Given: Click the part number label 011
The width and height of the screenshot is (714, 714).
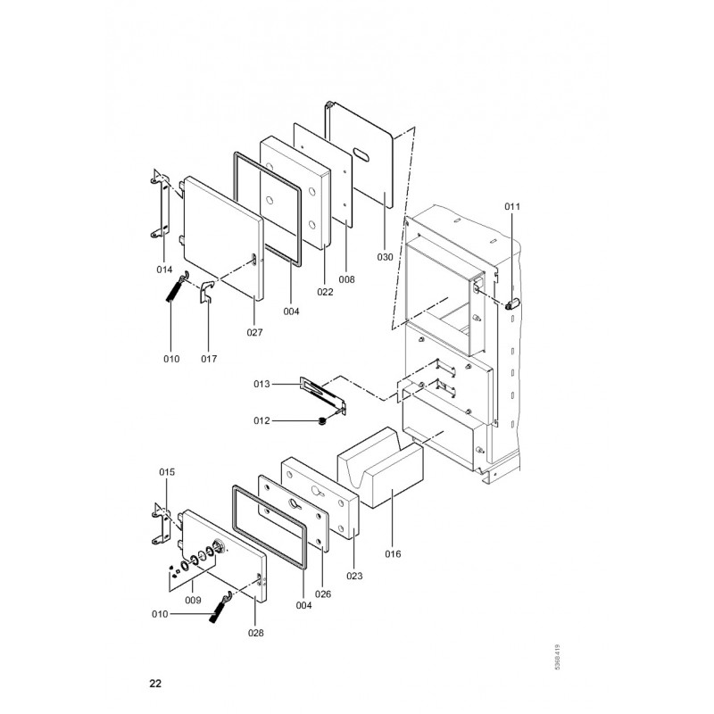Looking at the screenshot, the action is point(511,207).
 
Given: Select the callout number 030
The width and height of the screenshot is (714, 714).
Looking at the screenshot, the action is point(385,257).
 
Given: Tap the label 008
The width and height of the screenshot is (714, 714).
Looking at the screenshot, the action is point(346,279).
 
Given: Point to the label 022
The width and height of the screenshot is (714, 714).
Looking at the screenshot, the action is point(325,292).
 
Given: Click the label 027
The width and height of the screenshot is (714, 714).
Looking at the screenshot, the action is point(254,332).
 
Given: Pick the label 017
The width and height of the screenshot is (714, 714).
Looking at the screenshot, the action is point(209,359).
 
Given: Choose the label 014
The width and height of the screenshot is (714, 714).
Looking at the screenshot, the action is point(164,270).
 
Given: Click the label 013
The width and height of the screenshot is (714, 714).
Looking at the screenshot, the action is point(262,385).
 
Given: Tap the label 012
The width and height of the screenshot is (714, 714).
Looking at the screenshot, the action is point(262,420).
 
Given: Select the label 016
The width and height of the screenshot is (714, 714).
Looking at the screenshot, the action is point(393,553).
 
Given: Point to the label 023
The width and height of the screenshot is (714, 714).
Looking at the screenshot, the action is point(354,576).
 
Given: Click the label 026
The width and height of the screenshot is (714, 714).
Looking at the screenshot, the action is point(323,594).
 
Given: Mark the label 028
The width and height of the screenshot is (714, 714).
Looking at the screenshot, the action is point(256,633).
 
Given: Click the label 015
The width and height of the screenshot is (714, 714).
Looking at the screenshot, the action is point(167,472).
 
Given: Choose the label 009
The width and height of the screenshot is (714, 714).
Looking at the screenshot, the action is point(193,600).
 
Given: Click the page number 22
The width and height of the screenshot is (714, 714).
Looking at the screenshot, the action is point(155,684).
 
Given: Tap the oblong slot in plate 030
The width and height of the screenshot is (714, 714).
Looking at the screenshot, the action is point(361,154).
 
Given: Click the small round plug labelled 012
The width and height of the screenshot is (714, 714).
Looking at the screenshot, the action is point(323,421).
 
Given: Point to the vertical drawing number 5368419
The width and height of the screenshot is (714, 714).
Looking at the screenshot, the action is point(558,657).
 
